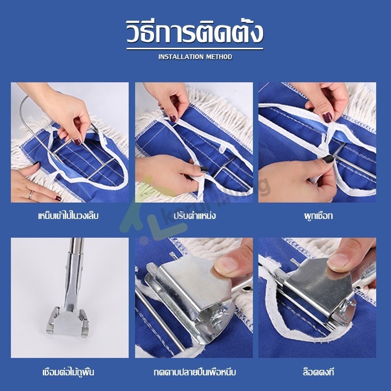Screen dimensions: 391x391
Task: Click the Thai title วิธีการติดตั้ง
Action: [195, 32]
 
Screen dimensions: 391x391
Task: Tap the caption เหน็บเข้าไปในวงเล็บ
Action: [69, 215]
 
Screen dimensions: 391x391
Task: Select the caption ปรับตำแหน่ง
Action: [195, 215]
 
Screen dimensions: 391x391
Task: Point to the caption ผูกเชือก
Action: [318, 216]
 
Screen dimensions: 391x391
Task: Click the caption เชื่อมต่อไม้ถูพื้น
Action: [69, 372]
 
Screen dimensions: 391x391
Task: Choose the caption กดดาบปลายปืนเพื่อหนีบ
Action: [195, 372]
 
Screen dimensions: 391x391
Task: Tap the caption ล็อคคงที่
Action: [318, 372]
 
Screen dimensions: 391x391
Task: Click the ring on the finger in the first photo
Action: [31, 195]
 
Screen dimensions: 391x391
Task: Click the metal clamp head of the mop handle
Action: [67, 322]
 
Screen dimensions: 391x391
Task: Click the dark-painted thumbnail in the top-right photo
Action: [327, 117]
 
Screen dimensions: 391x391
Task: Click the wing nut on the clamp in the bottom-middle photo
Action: [219, 313]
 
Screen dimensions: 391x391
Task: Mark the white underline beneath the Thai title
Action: [195, 49]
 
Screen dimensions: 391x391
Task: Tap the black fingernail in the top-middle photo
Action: [204, 170]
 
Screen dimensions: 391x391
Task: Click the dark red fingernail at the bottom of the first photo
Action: [58, 198]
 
